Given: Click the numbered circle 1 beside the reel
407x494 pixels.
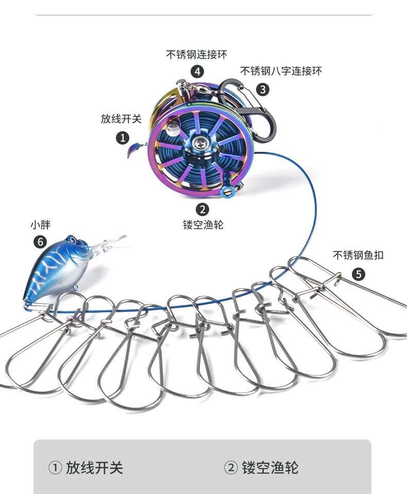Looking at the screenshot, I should pyautogui.click(x=123, y=137).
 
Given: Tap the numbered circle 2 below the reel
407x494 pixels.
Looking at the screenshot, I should pyautogui.click(x=203, y=209).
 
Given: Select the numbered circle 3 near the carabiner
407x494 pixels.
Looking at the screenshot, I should pyautogui.click(x=263, y=89).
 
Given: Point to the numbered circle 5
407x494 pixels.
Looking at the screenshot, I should pyautogui.click(x=359, y=274).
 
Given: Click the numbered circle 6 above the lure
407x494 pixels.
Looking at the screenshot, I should pyautogui.click(x=40, y=241).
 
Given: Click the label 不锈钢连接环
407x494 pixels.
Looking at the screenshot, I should pyautogui.click(x=196, y=55).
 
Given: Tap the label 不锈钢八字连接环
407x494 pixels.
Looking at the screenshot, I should pyautogui.click(x=281, y=71).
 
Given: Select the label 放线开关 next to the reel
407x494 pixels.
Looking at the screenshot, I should pyautogui.click(x=121, y=119).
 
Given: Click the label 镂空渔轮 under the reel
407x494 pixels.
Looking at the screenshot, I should pyautogui.click(x=203, y=225).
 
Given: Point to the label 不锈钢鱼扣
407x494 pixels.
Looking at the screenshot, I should pyautogui.click(x=358, y=255).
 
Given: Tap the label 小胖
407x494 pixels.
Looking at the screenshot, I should pyautogui.click(x=40, y=225).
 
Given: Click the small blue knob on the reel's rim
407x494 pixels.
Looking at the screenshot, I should pyautogui.click(x=226, y=192).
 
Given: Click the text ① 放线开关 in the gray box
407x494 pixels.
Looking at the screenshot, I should pyautogui.click(x=86, y=468).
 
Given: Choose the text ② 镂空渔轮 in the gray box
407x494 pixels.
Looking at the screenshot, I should pyautogui.click(x=261, y=468).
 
